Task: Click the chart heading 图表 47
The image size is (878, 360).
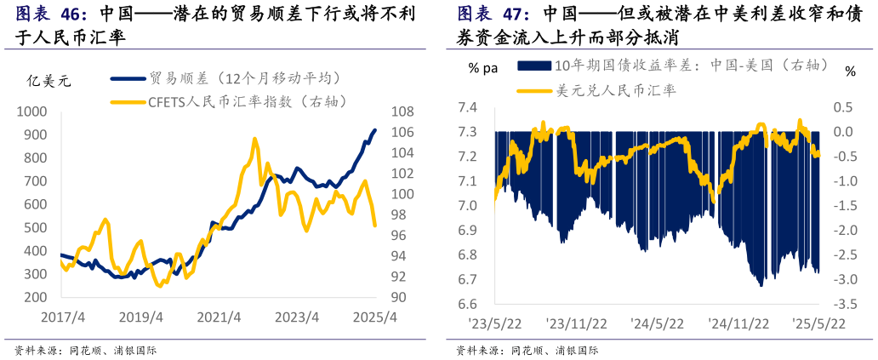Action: (493, 14)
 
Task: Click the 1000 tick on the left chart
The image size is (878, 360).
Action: (33, 111)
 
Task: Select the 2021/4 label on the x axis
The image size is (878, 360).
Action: (219, 317)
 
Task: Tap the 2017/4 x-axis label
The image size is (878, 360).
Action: (62, 317)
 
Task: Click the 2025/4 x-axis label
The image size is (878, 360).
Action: (374, 317)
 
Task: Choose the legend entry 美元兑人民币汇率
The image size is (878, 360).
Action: (616, 90)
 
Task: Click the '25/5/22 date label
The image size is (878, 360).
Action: (818, 323)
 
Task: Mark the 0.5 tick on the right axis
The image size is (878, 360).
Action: (842, 107)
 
